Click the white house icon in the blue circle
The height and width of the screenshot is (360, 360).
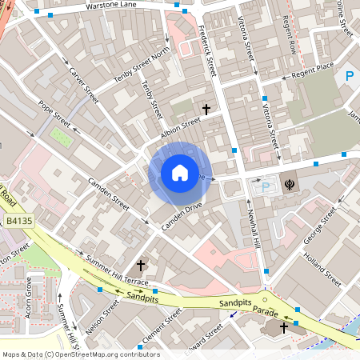180,173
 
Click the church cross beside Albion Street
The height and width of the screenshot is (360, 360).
206,108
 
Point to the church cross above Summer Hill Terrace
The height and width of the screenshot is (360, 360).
141,264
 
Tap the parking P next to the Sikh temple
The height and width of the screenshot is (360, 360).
266,186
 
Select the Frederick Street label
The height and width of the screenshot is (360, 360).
207,51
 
